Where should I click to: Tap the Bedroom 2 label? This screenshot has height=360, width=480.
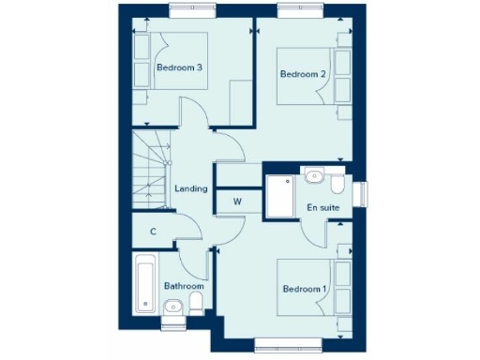(x=303, y=74)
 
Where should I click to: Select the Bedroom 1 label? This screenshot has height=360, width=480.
(x=304, y=289)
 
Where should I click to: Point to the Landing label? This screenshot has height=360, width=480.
(x=191, y=188)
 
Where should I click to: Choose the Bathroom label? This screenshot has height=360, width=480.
(x=184, y=285)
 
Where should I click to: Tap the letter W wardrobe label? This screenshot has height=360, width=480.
(x=237, y=202)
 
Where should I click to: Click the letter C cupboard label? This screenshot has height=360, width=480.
(x=153, y=232)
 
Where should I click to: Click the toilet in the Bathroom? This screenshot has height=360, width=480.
(x=196, y=302)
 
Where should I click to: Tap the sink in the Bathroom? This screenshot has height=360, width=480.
(x=172, y=307)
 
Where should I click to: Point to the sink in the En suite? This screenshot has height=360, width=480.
(x=313, y=176)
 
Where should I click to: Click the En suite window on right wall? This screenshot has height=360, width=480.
(x=360, y=192)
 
